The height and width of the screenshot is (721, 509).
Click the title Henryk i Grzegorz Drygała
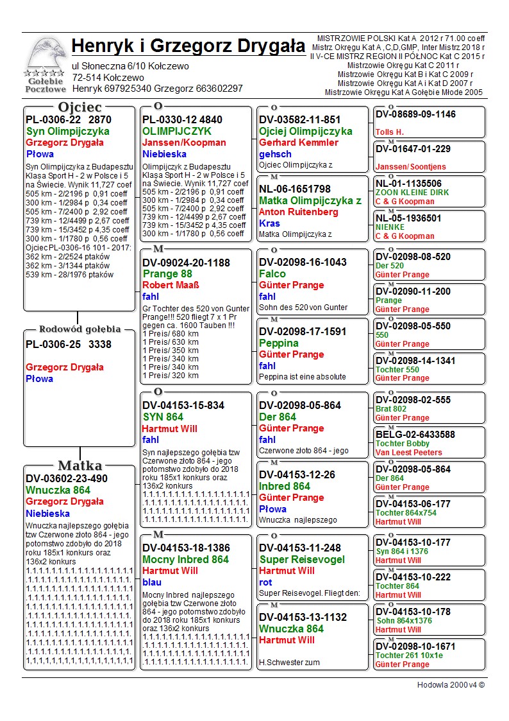pos(188,46)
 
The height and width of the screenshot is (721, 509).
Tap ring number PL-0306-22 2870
pos(69,119)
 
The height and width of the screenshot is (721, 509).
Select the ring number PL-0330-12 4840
pos(183,119)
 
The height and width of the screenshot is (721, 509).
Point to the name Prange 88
pos(168,274)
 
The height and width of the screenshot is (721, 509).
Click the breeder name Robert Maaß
pos(170,285)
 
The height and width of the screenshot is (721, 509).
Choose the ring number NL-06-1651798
pos(295,189)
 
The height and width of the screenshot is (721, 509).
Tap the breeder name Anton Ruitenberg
pos(299,212)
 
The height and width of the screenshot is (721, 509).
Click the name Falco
pos(272,274)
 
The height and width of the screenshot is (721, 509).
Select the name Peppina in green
pos(279,343)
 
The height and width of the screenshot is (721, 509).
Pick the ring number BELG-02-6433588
pos(415,435)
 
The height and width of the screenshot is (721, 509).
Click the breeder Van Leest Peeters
pos(409,452)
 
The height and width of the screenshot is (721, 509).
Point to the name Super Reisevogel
pos(293,559)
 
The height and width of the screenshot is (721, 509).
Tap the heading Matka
pos(79,465)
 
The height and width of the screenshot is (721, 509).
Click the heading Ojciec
pos(79,107)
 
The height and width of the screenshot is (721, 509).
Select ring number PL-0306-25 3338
pos(69,344)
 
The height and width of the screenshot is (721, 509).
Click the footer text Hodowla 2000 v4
pos(451,685)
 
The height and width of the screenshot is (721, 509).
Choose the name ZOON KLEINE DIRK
pos(412,193)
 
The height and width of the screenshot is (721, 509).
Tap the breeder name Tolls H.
pos(390,132)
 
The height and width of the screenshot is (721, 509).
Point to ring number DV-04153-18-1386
pos(186,548)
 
